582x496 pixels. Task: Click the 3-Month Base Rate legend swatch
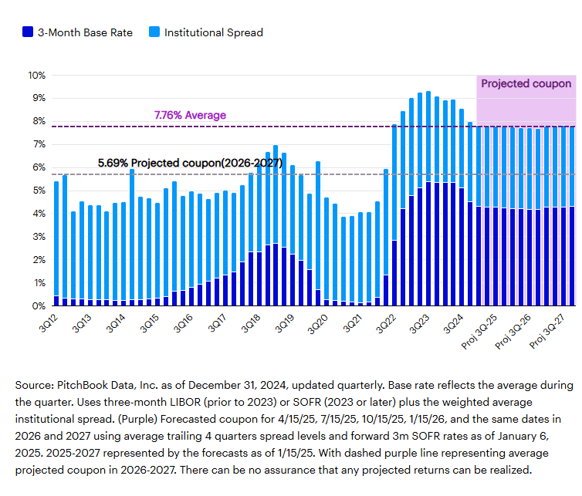click(28, 32)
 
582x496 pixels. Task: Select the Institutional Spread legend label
click(213, 32)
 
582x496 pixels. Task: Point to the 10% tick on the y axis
click(36, 76)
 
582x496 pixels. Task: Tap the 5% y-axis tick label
click(38, 191)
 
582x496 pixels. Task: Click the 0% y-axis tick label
click(38, 306)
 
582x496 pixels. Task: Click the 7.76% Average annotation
click(190, 115)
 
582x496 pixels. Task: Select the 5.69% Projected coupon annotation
click(190, 164)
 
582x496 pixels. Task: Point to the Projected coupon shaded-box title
click(526, 83)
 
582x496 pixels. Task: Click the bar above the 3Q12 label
click(56, 243)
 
